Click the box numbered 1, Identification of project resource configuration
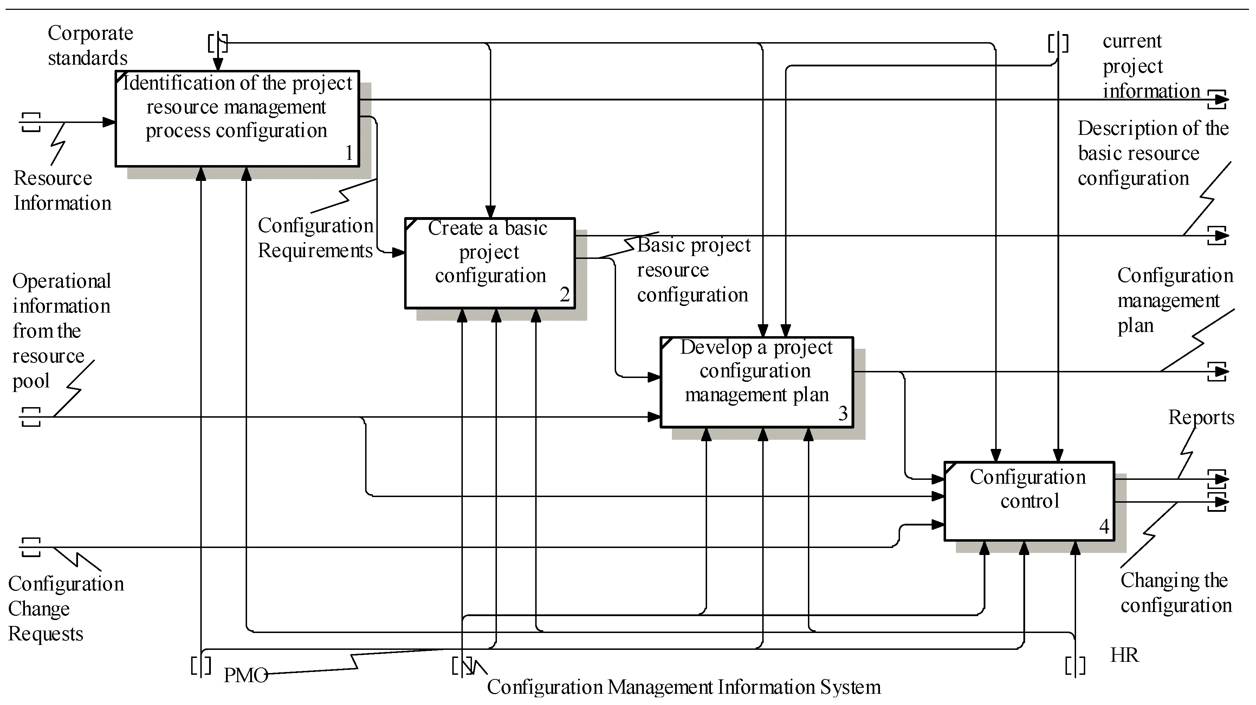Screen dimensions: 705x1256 click(237, 118)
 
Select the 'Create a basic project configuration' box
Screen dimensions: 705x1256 click(490, 263)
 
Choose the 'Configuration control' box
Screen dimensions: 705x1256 click(1029, 501)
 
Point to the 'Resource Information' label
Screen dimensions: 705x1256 click(62, 190)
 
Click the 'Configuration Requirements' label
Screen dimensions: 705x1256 click(315, 238)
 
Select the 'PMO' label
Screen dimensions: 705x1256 click(245, 675)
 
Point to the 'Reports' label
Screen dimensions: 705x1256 click(1201, 418)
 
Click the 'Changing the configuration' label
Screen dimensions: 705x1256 click(1176, 593)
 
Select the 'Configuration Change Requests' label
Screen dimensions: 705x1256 click(65, 608)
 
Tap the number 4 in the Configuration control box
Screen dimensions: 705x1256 click(1104, 527)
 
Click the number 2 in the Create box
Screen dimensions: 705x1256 click(564, 295)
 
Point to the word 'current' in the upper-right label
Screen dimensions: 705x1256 click(1132, 41)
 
